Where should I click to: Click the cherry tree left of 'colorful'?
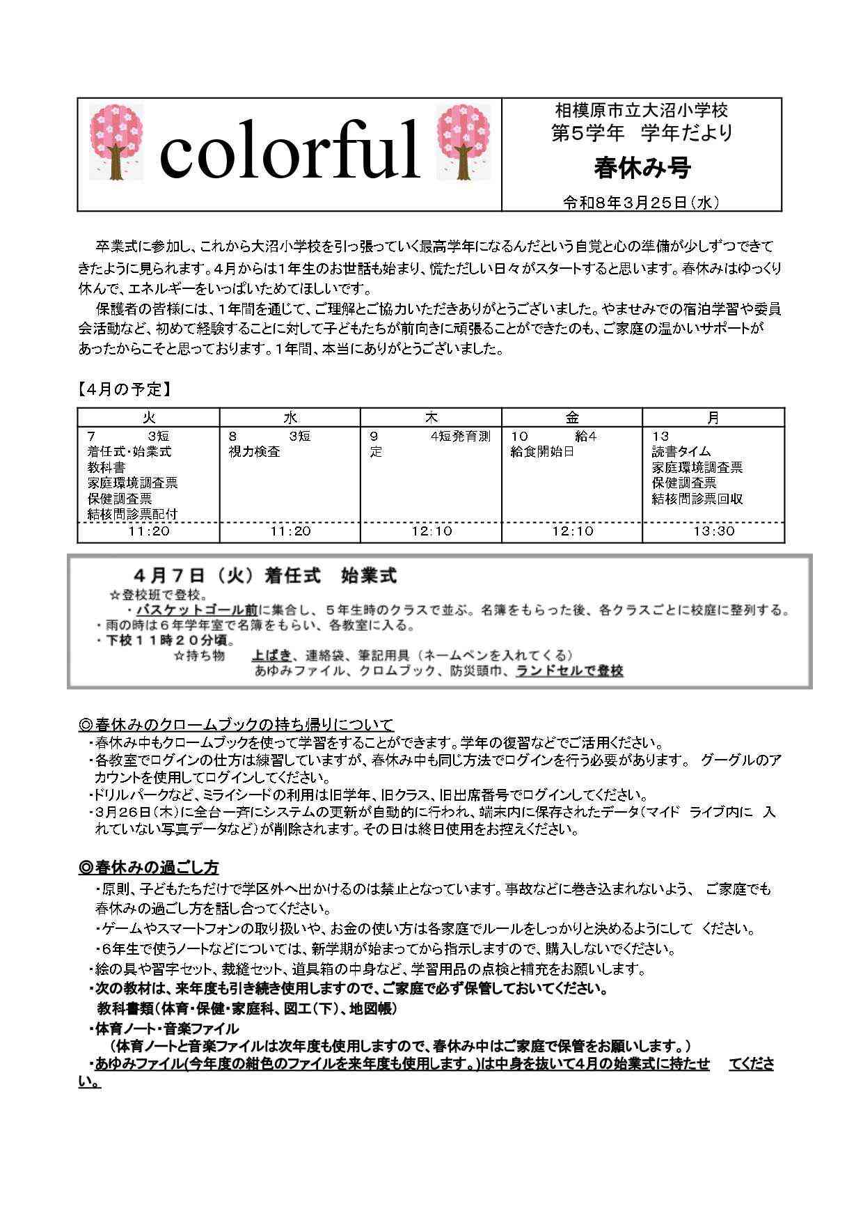(117, 141)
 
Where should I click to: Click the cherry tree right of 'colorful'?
(463, 141)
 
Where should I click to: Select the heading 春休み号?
(642, 168)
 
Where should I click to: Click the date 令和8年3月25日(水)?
(641, 203)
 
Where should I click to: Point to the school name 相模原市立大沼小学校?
(642, 110)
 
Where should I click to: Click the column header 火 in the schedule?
(149, 418)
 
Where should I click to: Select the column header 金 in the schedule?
(572, 418)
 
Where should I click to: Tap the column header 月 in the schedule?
(713, 418)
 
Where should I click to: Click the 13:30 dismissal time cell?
(713, 531)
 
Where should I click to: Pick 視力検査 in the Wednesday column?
(255, 452)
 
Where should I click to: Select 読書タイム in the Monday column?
(681, 452)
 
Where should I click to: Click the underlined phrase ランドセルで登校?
(569, 671)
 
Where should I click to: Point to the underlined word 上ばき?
(272, 655)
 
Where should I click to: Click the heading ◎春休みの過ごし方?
(149, 868)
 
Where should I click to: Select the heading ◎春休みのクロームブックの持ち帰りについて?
(237, 724)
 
